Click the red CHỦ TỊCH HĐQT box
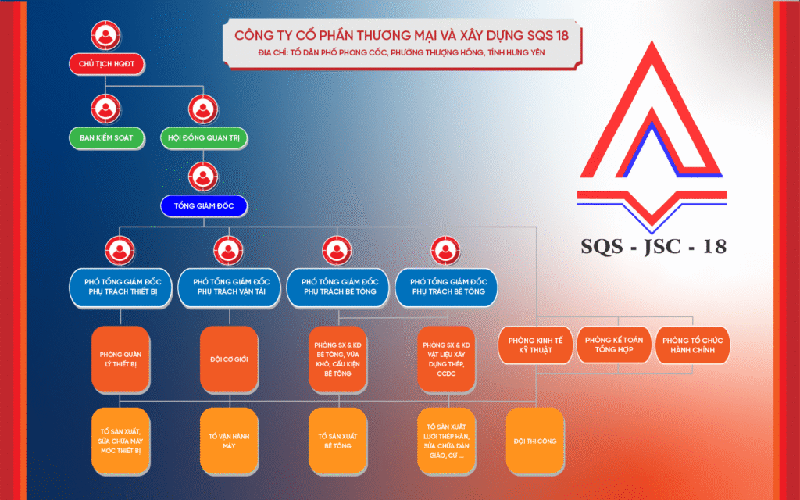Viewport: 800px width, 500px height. (106, 64)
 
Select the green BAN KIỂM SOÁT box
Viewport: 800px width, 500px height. (106, 137)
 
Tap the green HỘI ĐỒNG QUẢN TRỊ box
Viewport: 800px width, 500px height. (204, 137)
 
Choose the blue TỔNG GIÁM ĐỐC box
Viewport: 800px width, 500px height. (204, 205)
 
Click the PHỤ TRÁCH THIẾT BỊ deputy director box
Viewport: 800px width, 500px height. (120, 287)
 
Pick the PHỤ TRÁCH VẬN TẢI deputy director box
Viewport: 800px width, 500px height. (229, 287)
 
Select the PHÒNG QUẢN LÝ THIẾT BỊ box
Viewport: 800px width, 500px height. (120, 359)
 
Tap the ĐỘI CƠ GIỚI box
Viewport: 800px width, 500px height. (229, 359)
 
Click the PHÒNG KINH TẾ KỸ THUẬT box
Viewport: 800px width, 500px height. (535, 345)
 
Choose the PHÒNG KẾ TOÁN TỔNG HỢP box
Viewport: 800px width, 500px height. (614, 345)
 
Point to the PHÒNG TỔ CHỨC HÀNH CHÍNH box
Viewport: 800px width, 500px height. (692, 345)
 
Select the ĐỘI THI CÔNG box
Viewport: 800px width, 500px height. (535, 441)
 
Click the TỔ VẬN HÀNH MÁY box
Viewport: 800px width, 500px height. (229, 441)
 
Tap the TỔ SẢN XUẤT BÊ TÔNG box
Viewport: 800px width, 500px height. (337, 441)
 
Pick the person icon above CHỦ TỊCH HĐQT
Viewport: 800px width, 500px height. (105, 35)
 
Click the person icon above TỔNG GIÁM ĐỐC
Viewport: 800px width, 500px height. (203, 177)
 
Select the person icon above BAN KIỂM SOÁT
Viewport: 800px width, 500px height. (105, 109)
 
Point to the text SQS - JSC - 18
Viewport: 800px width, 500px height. (653, 246)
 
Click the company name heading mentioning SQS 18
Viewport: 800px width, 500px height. (402, 35)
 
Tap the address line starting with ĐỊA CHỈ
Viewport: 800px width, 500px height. (402, 52)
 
